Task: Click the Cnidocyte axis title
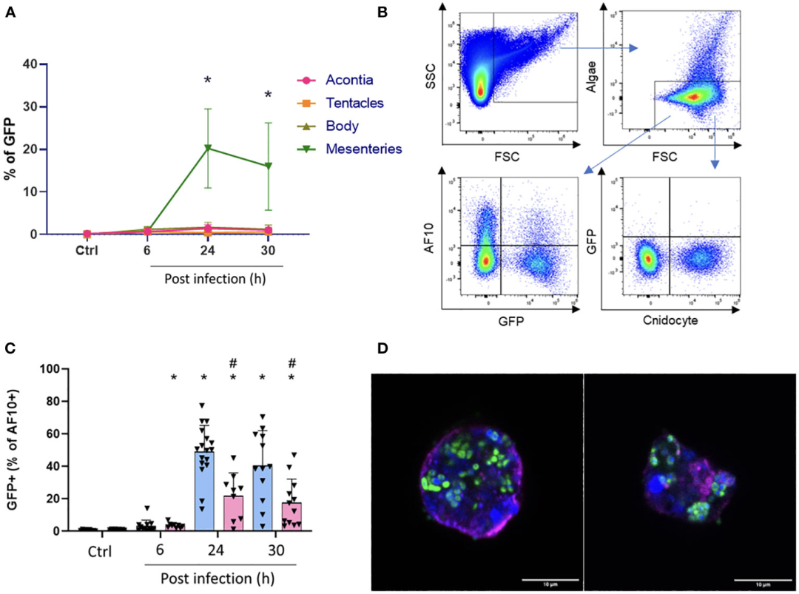tap(670, 322)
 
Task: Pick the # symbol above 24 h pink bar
tap(233, 363)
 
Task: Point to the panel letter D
tap(382, 348)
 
